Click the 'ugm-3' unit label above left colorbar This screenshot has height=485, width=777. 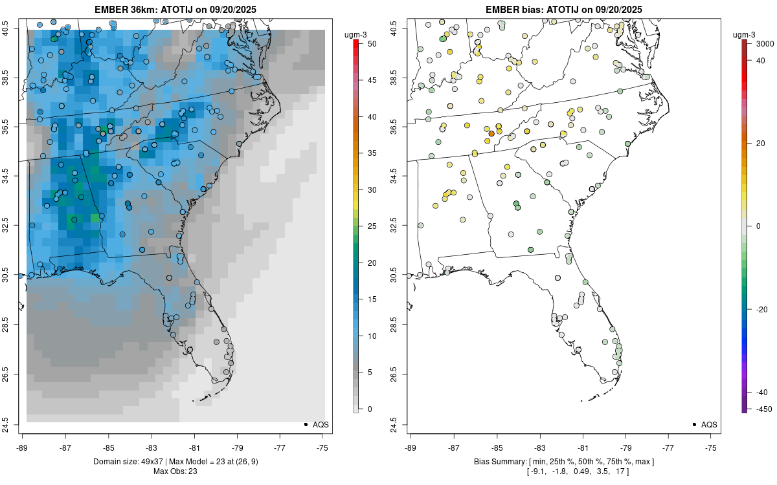point(354,34)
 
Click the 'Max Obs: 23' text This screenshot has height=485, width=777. point(175,471)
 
